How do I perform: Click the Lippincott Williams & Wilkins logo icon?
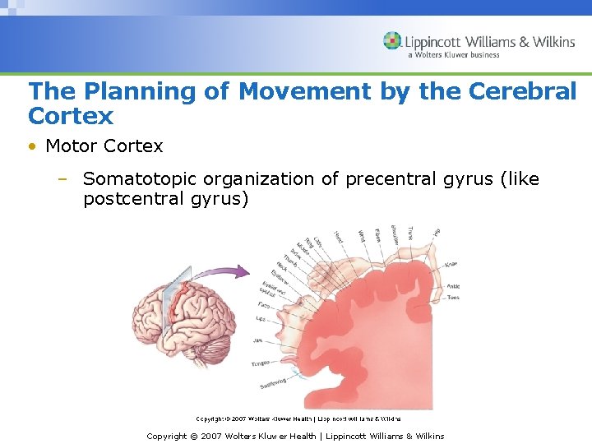coord(392,41)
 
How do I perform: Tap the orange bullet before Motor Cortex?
coord(32,147)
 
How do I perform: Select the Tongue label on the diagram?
coord(260,361)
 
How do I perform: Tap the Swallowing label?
coord(274,384)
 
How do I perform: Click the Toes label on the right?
coord(453,298)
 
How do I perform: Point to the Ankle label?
coord(453,286)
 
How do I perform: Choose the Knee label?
coord(451,264)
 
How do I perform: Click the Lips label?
coord(261,317)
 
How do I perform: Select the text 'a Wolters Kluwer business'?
coord(453,55)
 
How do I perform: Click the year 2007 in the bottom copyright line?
coord(213,436)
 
